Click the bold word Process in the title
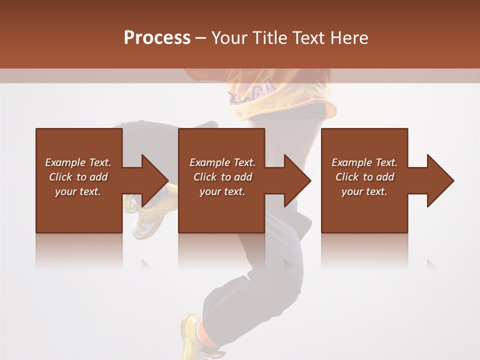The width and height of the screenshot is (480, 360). pos(157,38)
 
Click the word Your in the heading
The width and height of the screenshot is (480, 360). pos(230,38)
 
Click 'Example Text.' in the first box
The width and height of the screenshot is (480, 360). pos(78,162)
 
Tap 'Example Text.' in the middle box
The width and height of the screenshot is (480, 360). pos(222,162)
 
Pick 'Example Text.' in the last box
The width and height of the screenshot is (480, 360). pos(364,162)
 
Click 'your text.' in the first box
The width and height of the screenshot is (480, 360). pos(78,191)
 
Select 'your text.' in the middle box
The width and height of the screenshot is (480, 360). pos(222,191)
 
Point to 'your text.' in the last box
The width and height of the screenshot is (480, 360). pos(364,191)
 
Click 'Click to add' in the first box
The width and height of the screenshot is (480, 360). pos(78,177)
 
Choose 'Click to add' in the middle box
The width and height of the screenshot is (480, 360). pos(222,177)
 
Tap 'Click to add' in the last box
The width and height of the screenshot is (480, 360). pos(364,177)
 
